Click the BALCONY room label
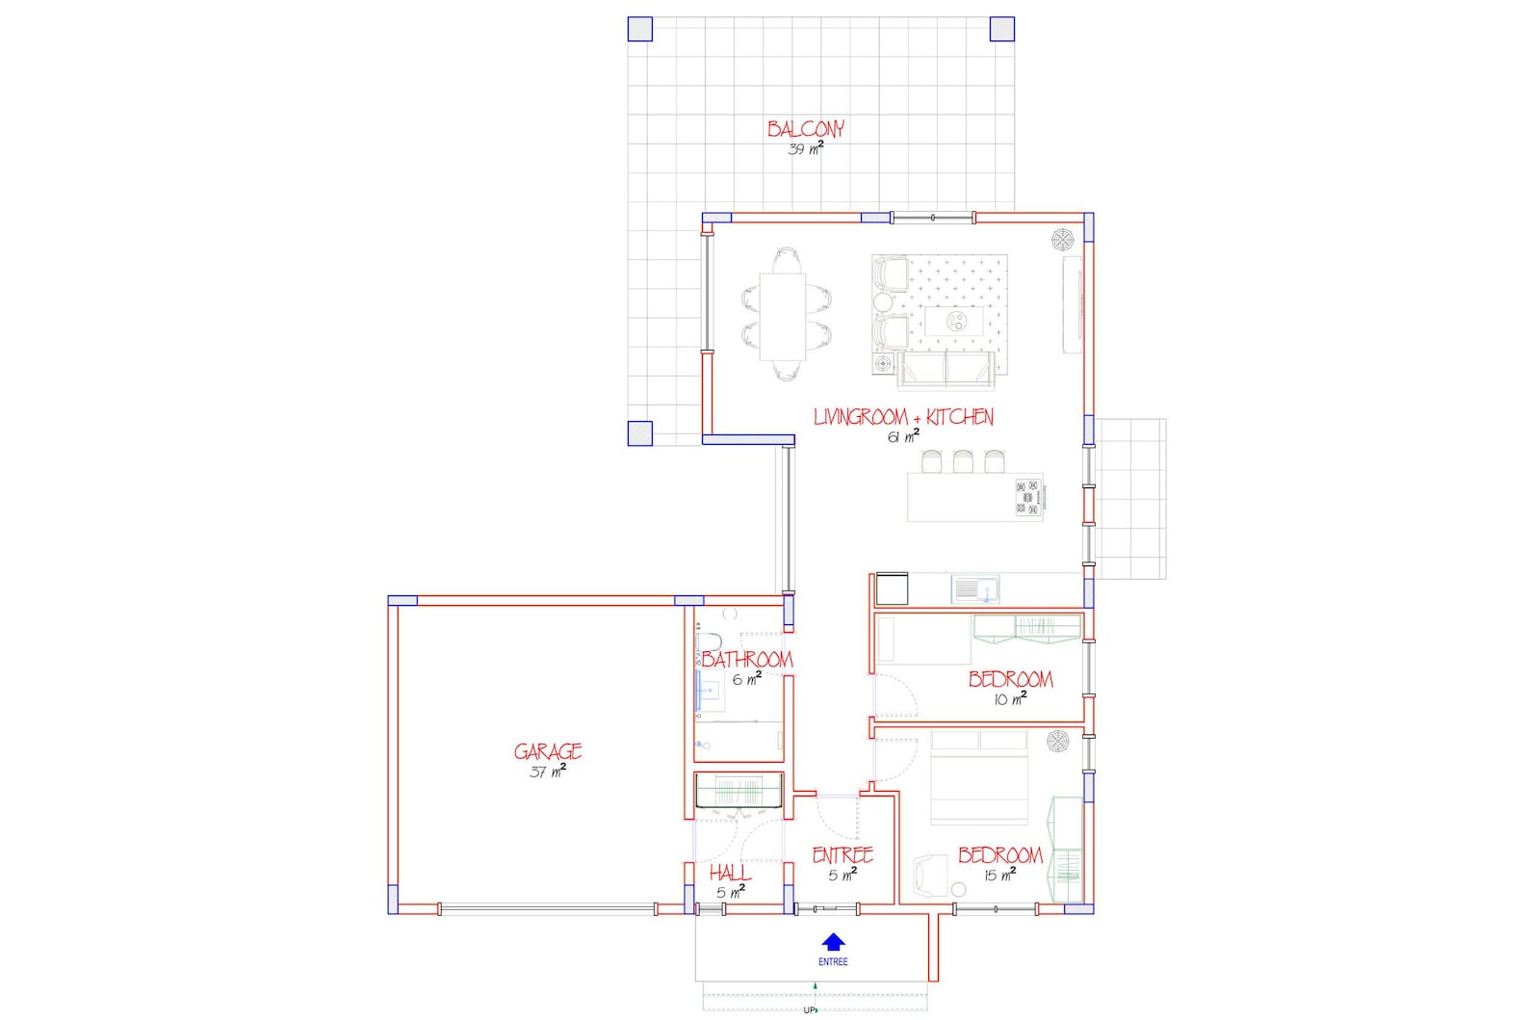pyautogui.click(x=806, y=129)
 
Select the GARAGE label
pyautogui.click(x=548, y=751)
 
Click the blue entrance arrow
pyautogui.click(x=834, y=942)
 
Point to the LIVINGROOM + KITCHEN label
pyautogui.click(x=903, y=417)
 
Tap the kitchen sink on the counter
pyautogui.click(x=975, y=588)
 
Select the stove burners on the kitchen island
pyautogui.click(x=1028, y=497)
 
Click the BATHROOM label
pyautogui.click(x=747, y=660)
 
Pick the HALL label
pyautogui.click(x=730, y=873)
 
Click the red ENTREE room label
pyautogui.click(x=842, y=855)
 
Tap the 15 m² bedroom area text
pyautogui.click(x=999, y=875)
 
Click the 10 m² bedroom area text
pyautogui.click(x=1010, y=699)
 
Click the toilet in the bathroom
pyautogui.click(x=709, y=642)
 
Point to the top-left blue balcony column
pyautogui.click(x=640, y=29)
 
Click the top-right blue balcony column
pyautogui.click(x=1002, y=29)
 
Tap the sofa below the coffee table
pyautogui.click(x=946, y=370)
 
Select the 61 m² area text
pyautogui.click(x=903, y=436)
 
